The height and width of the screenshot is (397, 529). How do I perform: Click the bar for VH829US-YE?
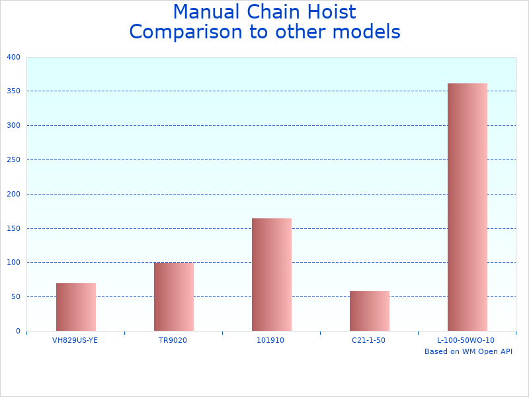(76, 307)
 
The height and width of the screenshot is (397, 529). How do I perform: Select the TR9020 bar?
(174, 297)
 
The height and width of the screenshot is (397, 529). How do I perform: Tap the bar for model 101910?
(272, 275)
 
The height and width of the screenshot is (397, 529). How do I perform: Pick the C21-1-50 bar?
(370, 311)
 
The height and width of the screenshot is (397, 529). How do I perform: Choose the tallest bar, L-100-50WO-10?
(468, 207)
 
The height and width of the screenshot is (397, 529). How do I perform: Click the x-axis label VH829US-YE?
(75, 340)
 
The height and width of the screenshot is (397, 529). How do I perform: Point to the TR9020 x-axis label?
(173, 340)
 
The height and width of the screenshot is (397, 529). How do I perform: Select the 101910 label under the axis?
(270, 340)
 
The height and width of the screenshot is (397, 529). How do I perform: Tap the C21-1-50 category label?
(368, 340)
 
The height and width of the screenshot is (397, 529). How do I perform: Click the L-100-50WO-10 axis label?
(466, 340)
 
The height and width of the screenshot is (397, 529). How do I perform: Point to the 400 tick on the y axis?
(14, 57)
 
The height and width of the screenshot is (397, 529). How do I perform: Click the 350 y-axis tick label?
(14, 91)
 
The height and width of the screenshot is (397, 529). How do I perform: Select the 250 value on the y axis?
(14, 159)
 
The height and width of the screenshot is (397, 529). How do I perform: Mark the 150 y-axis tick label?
(14, 228)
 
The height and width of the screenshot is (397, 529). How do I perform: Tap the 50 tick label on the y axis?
(16, 297)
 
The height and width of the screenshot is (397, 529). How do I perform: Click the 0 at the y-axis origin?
(18, 331)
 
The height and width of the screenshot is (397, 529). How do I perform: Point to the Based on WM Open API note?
(468, 351)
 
